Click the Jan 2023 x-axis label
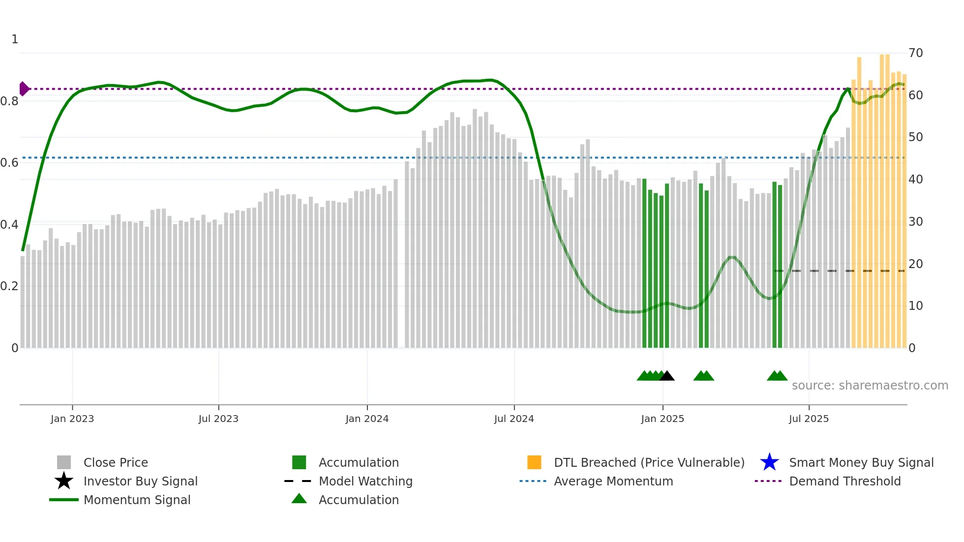coord(72,419)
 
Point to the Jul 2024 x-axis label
coord(514,419)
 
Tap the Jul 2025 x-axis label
coord(809,419)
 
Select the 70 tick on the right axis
coord(915,53)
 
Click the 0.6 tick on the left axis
coord(9,163)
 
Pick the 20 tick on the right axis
coord(915,264)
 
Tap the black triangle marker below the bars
coord(667,376)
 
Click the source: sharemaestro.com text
coord(870,386)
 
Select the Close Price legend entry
coord(116,463)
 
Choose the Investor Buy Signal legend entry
coord(140,482)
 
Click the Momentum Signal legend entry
coord(137,500)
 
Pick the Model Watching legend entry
coord(365,482)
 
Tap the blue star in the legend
coord(769,462)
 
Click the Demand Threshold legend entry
coord(844,482)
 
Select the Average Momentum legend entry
coord(613,482)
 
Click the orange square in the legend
coord(534,462)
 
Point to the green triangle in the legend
coord(299,499)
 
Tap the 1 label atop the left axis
coord(15,39)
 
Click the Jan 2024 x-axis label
coord(367,419)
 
